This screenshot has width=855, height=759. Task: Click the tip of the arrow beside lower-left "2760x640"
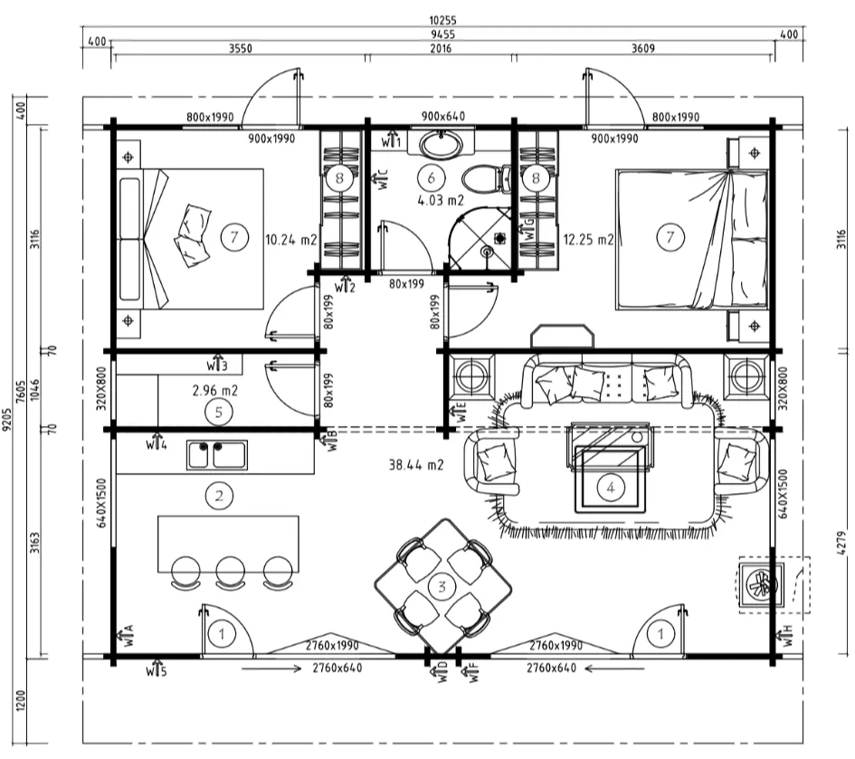click(x=301, y=669)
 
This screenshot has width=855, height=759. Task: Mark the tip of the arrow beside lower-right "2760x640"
click(x=584, y=668)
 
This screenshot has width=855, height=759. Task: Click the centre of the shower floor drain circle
click(x=487, y=251)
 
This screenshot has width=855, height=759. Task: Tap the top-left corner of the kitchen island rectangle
click(x=158, y=517)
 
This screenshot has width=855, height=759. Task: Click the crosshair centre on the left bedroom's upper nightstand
click(x=128, y=157)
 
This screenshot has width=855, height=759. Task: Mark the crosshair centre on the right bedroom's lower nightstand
click(x=755, y=326)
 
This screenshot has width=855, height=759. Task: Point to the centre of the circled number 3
click(x=442, y=587)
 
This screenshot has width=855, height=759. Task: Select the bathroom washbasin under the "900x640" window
click(x=442, y=144)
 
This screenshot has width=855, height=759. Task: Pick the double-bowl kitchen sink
click(x=217, y=455)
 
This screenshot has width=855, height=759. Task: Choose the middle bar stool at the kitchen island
click(x=230, y=573)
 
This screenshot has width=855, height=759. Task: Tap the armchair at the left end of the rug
click(x=492, y=461)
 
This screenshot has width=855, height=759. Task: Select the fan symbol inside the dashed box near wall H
click(x=762, y=585)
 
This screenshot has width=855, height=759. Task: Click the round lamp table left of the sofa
click(x=471, y=376)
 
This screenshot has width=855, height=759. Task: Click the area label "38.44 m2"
click(x=416, y=465)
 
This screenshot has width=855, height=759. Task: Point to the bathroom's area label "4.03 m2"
click(x=441, y=200)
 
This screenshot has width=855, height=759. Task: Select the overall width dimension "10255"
click(x=442, y=20)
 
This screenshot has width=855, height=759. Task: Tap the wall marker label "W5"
click(x=157, y=669)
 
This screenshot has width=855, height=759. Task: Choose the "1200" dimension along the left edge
click(x=21, y=700)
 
